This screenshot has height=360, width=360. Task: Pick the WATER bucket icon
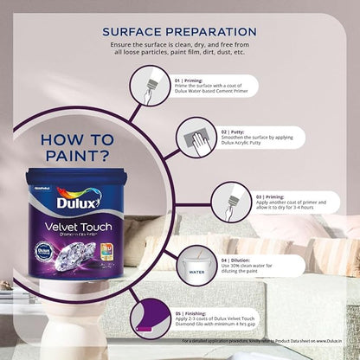tap(196, 267)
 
